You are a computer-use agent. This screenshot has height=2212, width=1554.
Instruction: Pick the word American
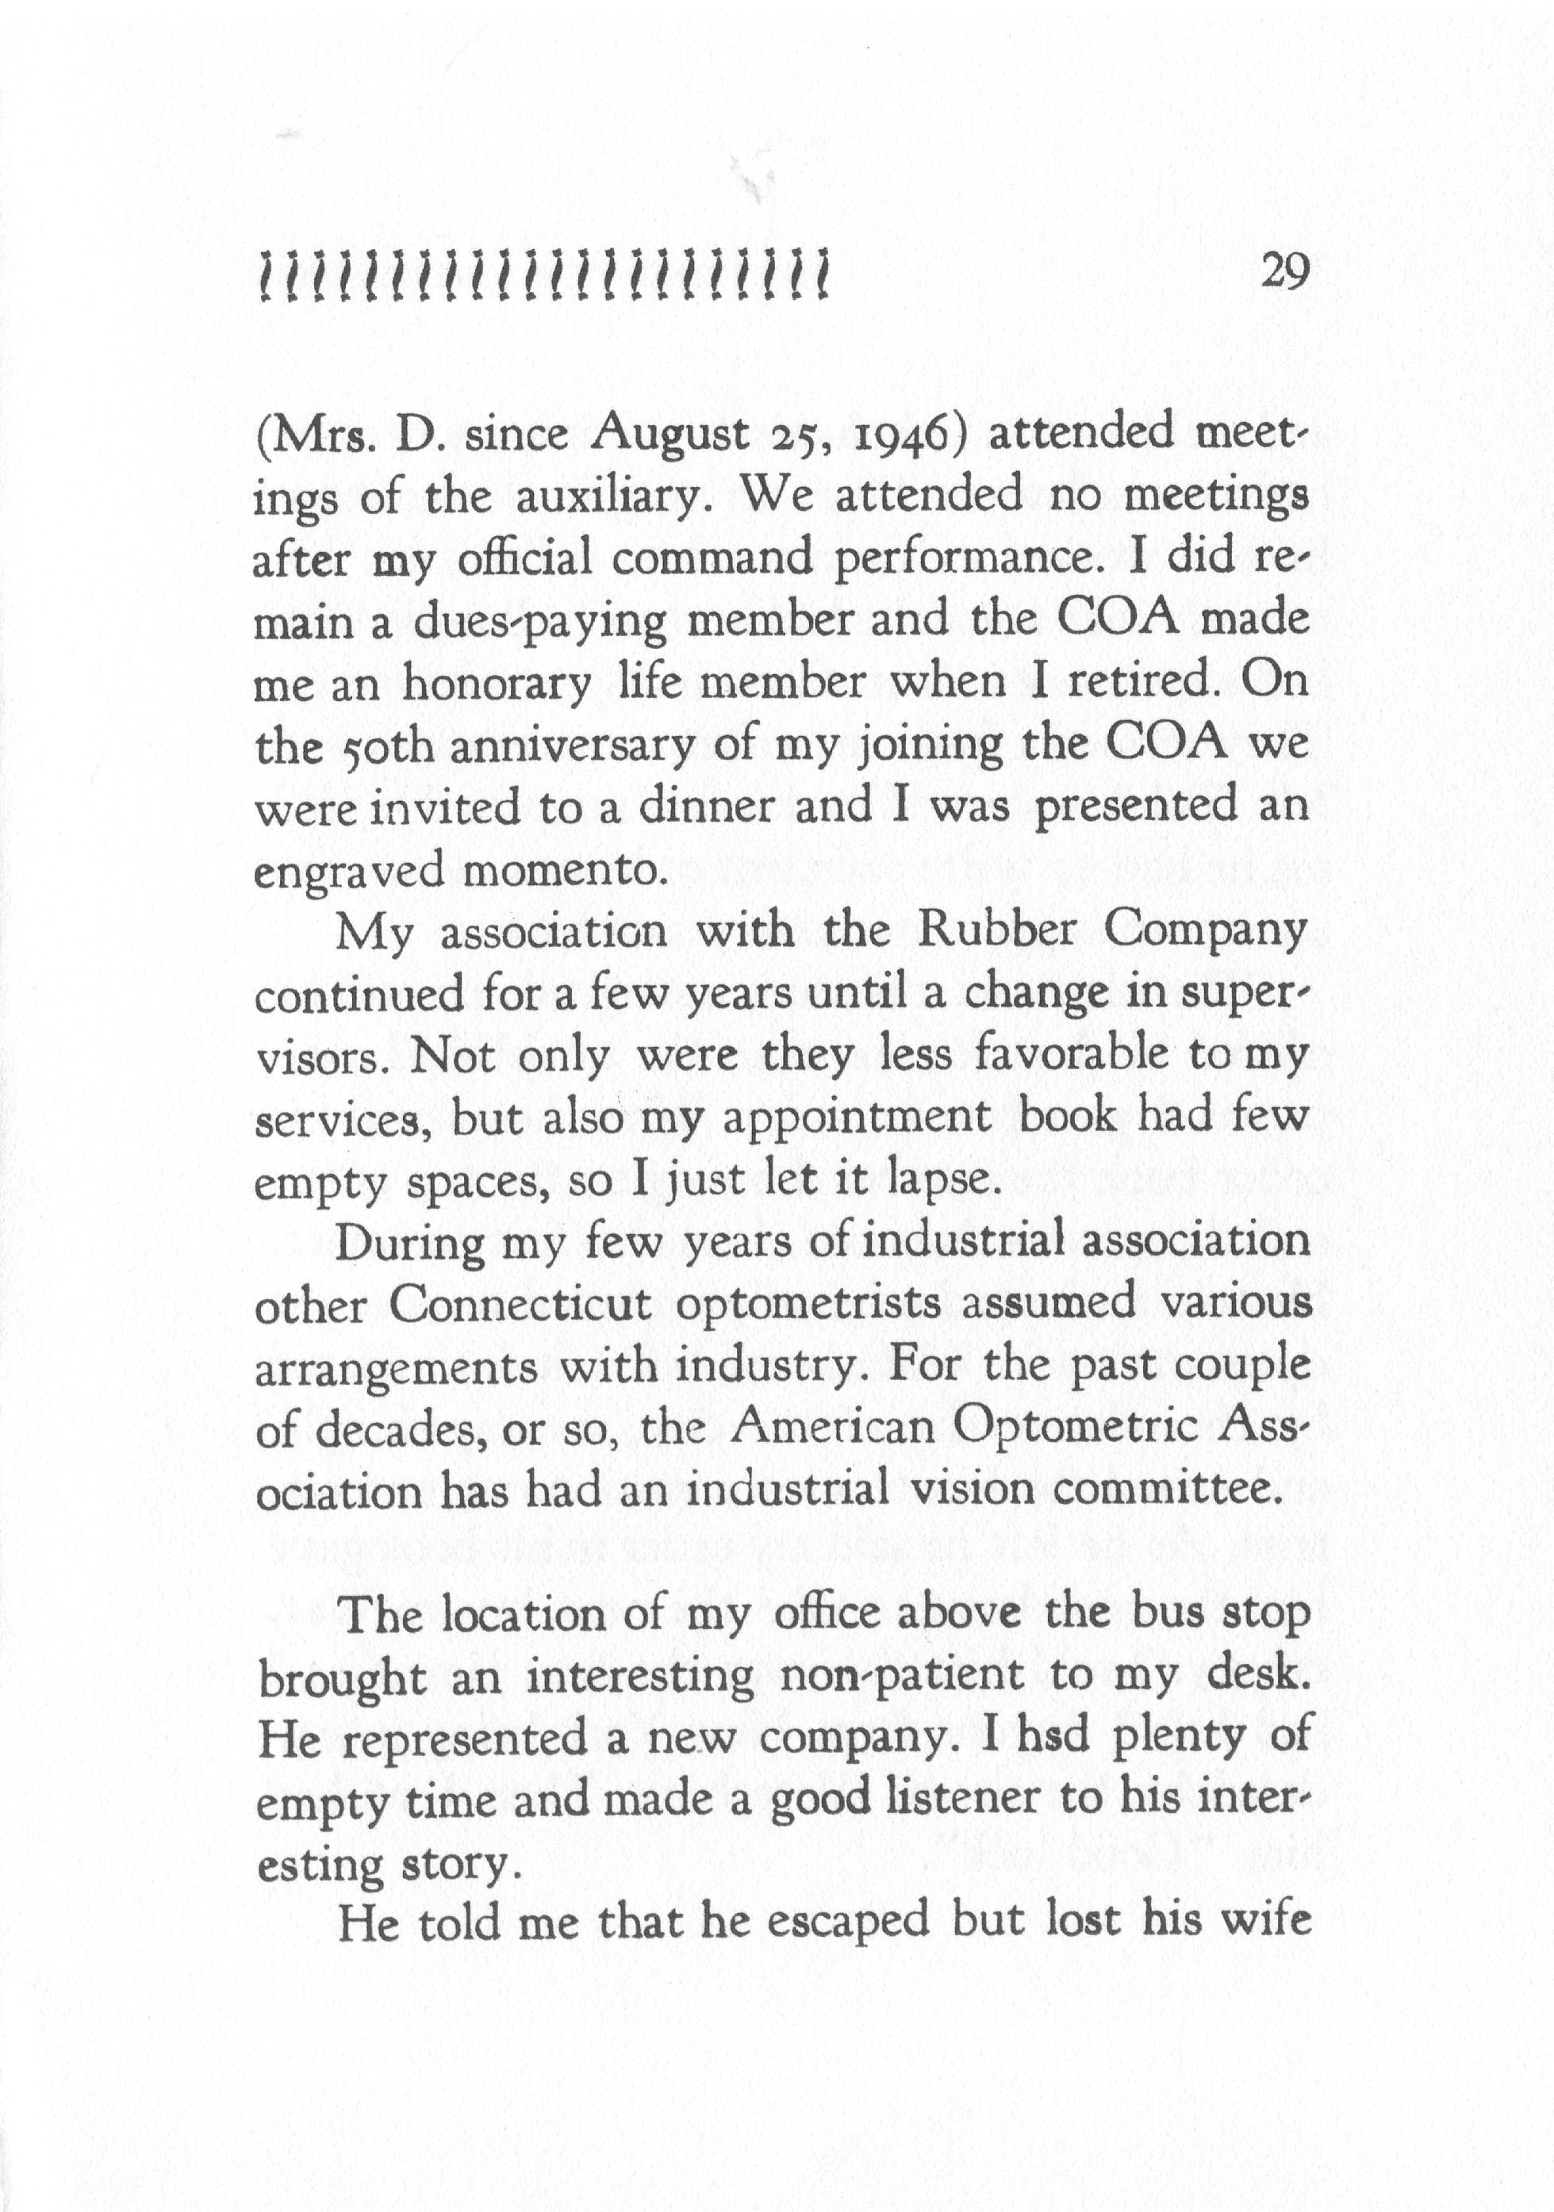click(x=834, y=1428)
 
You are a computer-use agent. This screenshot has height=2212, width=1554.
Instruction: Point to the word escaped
click(x=836, y=1924)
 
